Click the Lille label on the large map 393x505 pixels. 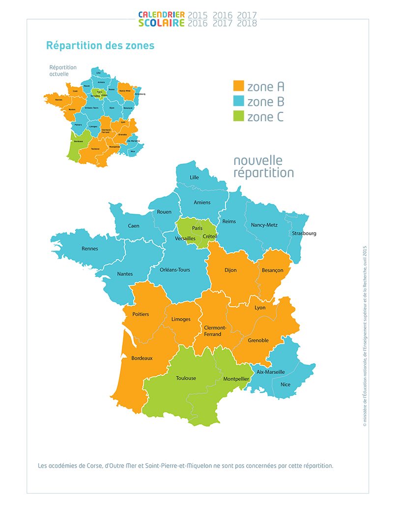point(195,177)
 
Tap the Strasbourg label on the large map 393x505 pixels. point(304,233)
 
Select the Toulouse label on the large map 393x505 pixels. point(186,378)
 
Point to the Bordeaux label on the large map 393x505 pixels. point(142,358)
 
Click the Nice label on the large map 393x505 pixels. point(285,385)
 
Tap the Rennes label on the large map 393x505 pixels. point(90,248)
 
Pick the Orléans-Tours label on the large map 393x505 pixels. point(175,269)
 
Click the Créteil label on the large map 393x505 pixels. point(210,237)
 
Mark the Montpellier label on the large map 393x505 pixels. point(237,379)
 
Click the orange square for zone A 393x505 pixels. point(238,86)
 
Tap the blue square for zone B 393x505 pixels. point(238,102)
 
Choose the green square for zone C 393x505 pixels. point(238,117)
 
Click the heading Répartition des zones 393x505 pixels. point(100,46)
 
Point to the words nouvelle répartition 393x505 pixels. point(263,167)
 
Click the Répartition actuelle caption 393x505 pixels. point(63,71)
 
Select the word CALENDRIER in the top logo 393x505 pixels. point(161,15)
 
